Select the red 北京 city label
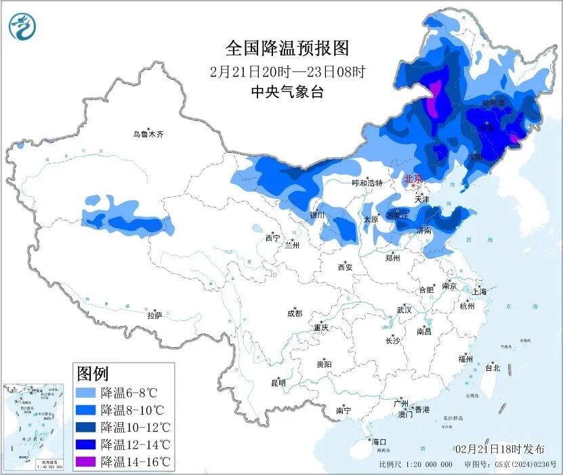click(412, 179)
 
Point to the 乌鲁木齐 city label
click(148, 135)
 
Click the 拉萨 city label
click(154, 315)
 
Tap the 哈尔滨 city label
click(493, 104)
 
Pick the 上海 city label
click(479, 292)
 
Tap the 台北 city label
click(492, 368)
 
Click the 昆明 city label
click(278, 383)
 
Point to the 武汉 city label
click(404, 310)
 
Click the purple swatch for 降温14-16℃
click(86, 462)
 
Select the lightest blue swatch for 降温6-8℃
click(86, 392)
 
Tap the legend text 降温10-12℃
click(135, 427)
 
